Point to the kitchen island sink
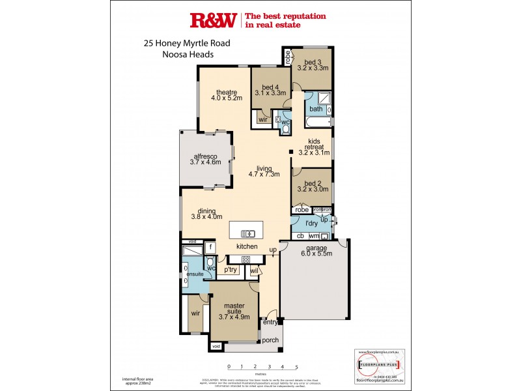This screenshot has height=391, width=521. [x=248, y=233]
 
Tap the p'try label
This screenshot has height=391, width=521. [x=230, y=270]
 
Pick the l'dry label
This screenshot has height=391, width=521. [x=311, y=223]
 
